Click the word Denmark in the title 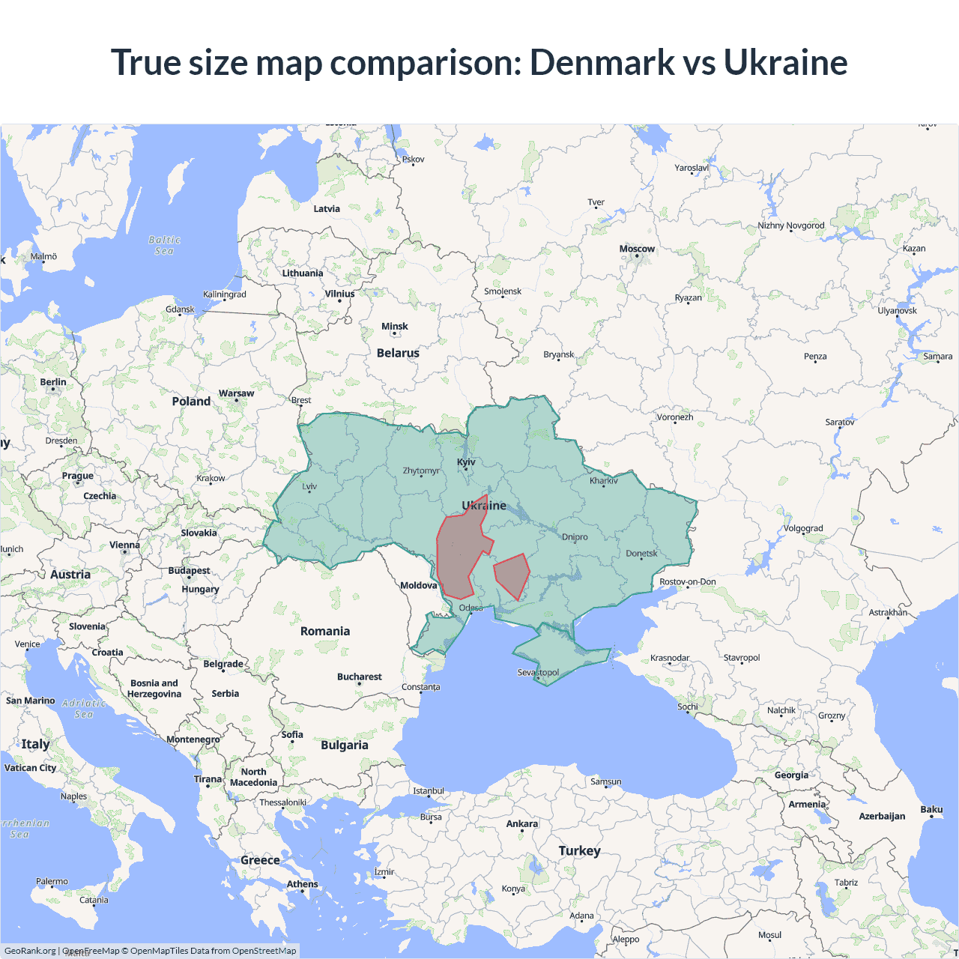pos(602,62)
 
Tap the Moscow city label pos(637,249)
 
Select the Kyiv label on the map pos(466,462)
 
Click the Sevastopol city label pos(538,672)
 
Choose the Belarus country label pos(398,353)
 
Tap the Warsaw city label pos(236,393)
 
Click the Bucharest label pos(359,677)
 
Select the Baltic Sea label pos(164,246)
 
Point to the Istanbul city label pos(429,791)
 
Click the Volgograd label pos(803,528)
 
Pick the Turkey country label pos(579,851)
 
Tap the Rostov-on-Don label pos(687,581)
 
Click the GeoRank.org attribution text pos(30,951)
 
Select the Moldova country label pos(418,585)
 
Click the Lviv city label pos(309,486)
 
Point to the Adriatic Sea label pos(84,709)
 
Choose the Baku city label pos(931,809)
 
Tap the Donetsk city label pos(641,554)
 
